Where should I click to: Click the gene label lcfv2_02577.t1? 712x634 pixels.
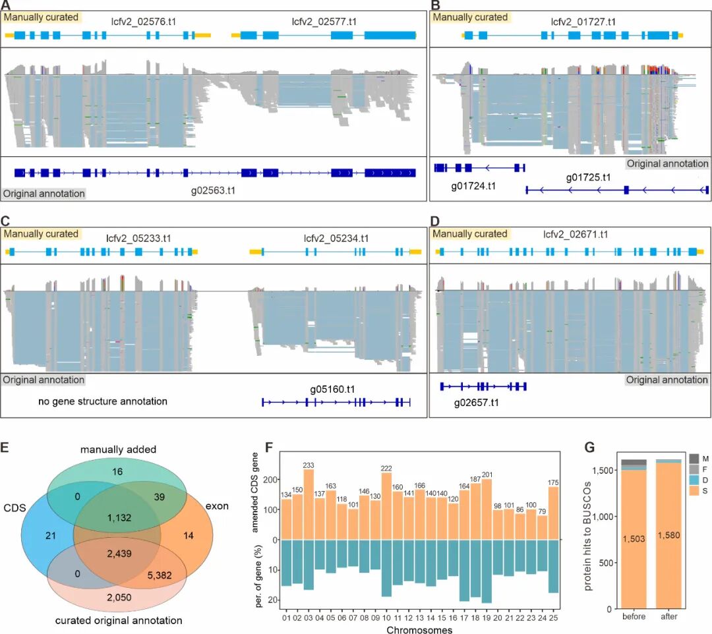[325, 21]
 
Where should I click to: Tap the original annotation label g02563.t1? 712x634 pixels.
[212, 191]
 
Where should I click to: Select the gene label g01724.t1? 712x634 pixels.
[473, 187]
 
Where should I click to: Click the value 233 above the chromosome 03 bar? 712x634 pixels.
[309, 465]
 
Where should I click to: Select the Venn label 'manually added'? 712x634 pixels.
[119, 449]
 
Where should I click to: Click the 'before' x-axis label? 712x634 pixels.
[632, 617]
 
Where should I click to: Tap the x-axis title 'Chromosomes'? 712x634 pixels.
[419, 629]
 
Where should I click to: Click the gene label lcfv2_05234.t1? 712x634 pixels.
[336, 238]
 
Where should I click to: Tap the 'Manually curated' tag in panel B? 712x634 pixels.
[469, 17]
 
